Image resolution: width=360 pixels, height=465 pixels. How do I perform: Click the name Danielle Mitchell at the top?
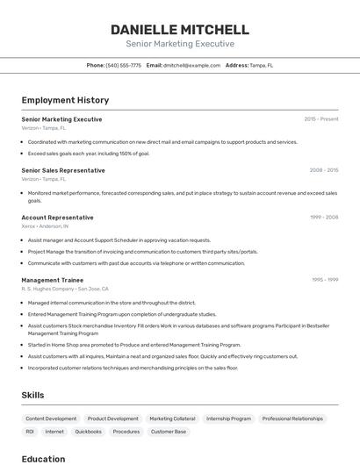tap(180, 29)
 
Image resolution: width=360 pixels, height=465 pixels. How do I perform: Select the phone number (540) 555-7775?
tap(124, 65)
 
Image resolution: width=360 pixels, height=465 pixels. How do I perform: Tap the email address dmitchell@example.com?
tap(191, 65)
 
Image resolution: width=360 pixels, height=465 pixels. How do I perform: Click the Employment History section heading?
tap(65, 100)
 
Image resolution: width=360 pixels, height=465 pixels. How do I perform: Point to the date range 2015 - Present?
tap(321, 118)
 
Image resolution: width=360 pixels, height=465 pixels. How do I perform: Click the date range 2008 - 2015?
tap(323, 170)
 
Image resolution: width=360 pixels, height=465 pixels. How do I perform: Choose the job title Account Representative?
tap(57, 217)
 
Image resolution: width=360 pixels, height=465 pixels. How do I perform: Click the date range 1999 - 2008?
tap(324, 217)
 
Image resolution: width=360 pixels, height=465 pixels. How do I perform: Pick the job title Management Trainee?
tap(52, 280)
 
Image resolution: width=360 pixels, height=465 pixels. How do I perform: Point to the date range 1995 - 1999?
tap(325, 280)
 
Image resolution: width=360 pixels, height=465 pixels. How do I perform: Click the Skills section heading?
tap(32, 395)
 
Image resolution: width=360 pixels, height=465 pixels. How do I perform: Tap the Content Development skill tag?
tap(51, 418)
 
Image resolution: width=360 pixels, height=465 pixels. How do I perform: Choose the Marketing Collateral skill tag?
tap(172, 418)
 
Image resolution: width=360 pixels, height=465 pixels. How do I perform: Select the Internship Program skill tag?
tap(228, 418)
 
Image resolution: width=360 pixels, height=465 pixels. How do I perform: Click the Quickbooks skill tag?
tap(88, 432)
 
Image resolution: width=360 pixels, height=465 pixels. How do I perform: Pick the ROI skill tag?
tap(30, 432)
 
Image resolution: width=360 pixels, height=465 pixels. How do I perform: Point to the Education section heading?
tap(43, 458)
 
